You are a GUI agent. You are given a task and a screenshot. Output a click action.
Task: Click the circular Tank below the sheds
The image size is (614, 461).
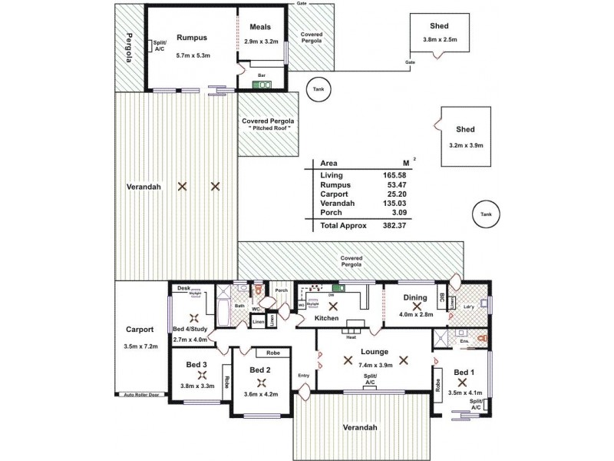(484, 214)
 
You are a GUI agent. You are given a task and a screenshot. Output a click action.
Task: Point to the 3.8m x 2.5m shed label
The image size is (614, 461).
(439, 40)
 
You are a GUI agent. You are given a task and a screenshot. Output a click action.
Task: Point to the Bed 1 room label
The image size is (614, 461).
(464, 372)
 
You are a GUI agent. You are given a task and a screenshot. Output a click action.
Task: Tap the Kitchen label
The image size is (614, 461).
(327, 317)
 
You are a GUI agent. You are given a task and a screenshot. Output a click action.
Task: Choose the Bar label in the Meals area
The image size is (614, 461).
(262, 75)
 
